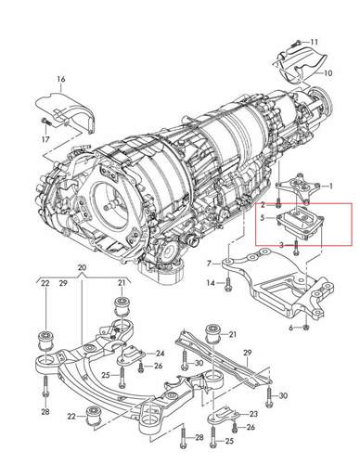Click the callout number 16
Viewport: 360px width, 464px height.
coord(61,79)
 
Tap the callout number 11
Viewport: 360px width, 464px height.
coord(314,42)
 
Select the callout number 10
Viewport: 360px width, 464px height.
coord(328,73)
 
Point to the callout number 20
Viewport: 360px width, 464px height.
coord(82,267)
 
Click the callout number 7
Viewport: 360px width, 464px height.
coord(209,264)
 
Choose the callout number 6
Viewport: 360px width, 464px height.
coord(291,329)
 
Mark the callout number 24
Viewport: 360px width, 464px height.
coord(161,354)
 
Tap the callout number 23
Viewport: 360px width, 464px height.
coord(253,414)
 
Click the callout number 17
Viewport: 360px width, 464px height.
coord(45,139)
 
